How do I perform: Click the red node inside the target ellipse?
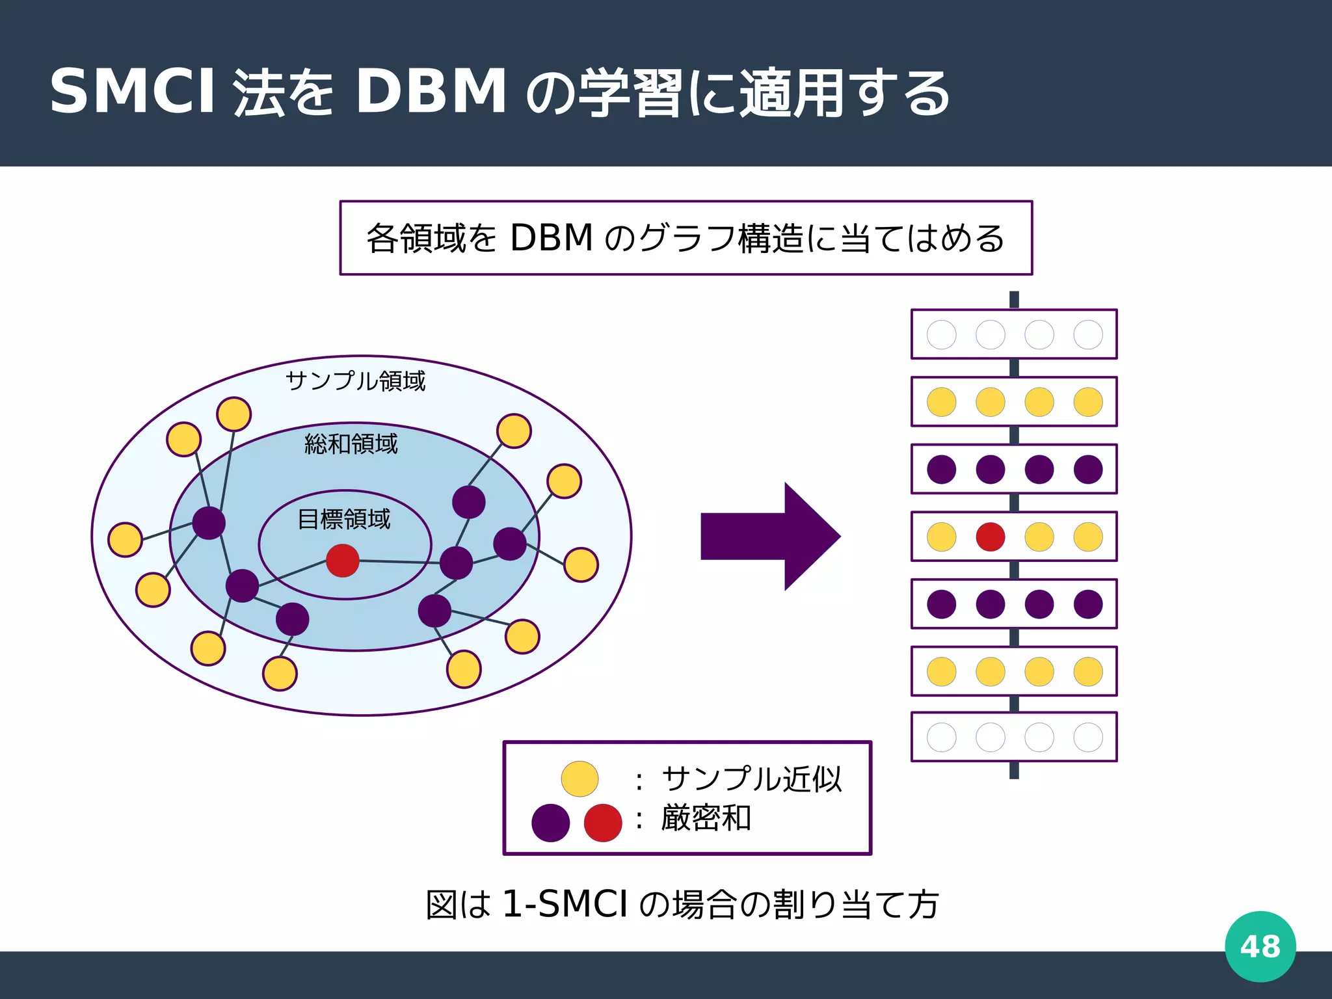click(343, 561)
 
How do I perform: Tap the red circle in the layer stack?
click(990, 537)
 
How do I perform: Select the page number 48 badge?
click(1260, 946)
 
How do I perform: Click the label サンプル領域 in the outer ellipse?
click(355, 380)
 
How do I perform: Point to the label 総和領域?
click(351, 444)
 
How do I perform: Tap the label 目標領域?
click(343, 519)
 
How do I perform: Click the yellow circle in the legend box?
click(579, 779)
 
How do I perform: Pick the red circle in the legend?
click(603, 823)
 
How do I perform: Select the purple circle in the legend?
click(550, 823)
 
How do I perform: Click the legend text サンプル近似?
click(751, 779)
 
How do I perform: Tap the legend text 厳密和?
click(706, 818)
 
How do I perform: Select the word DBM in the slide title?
click(431, 92)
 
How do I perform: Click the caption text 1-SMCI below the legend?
click(565, 904)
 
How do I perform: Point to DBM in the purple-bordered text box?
click(552, 238)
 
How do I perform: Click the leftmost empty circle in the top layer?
click(941, 335)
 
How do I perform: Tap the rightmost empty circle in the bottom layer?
click(1088, 737)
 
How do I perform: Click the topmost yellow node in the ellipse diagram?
click(234, 414)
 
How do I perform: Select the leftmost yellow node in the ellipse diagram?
click(126, 539)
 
